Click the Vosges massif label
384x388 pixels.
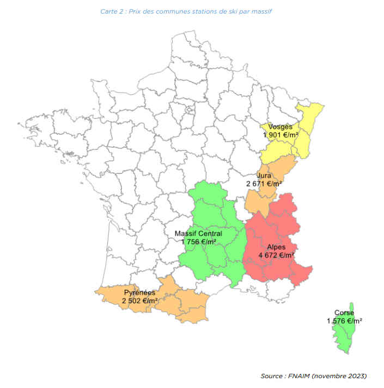(x=281, y=127)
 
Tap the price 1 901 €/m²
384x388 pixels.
(x=281, y=135)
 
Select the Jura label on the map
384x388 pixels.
(x=264, y=176)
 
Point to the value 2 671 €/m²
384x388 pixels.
(x=264, y=184)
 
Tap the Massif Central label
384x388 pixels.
(x=199, y=233)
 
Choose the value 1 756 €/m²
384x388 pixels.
(x=199, y=241)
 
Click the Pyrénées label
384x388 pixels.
(x=140, y=292)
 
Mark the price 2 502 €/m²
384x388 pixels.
(x=140, y=301)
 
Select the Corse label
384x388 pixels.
(x=345, y=313)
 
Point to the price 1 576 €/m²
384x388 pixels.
(x=345, y=321)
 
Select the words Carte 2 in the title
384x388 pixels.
(x=111, y=11)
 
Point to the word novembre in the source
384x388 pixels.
(x=329, y=376)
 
